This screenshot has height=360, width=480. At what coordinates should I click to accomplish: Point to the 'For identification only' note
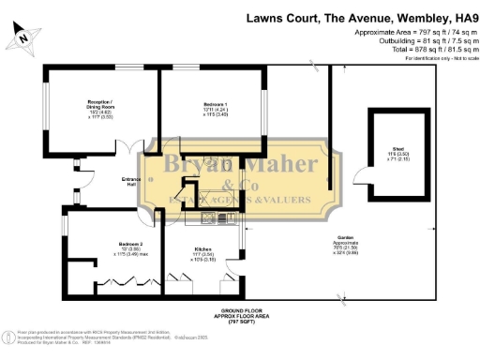tap(433, 58)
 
